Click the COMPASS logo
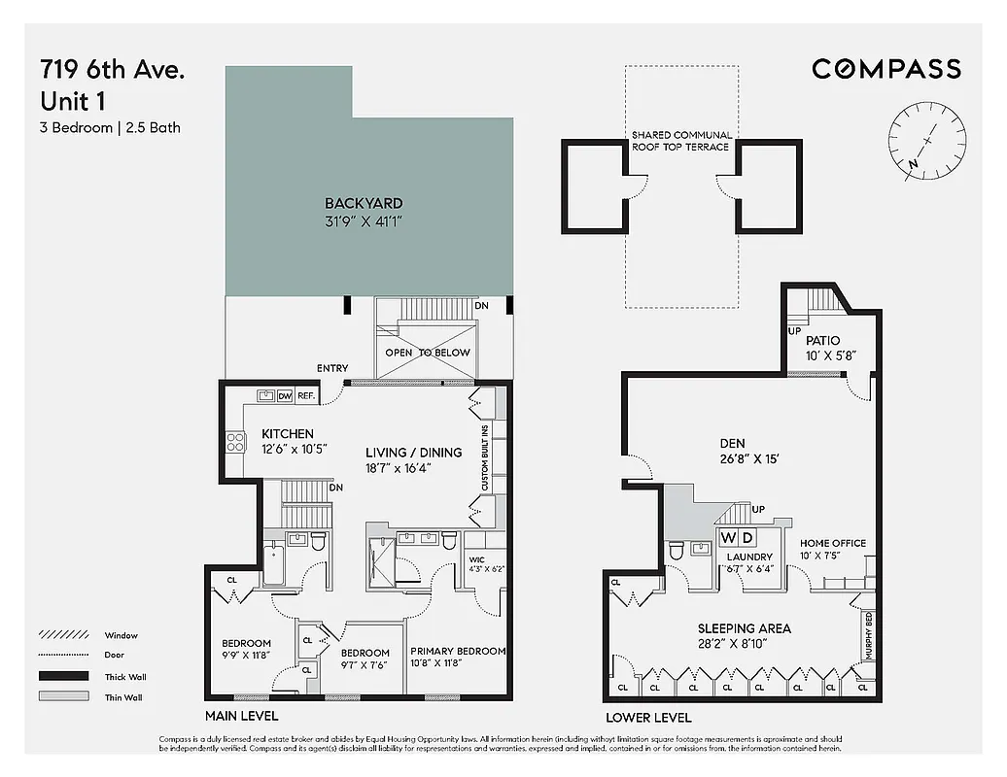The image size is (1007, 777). tap(885, 68)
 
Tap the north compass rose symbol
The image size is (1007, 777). tap(926, 142)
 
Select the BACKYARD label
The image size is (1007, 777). tap(364, 204)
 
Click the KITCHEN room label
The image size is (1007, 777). tap(287, 433)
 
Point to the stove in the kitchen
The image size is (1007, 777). tap(236, 443)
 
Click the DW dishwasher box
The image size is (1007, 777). tap(285, 396)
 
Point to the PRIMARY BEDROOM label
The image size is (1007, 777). tap(458, 652)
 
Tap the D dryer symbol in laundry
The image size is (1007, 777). tap(747, 538)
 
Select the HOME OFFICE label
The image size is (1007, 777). tap(832, 544)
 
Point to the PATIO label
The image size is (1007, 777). tap(821, 341)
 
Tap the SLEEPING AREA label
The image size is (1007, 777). tap(744, 628)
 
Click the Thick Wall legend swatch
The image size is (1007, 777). tap(63, 677)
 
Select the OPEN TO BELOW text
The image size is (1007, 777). tap(427, 353)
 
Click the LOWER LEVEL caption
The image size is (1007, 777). tap(648, 718)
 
